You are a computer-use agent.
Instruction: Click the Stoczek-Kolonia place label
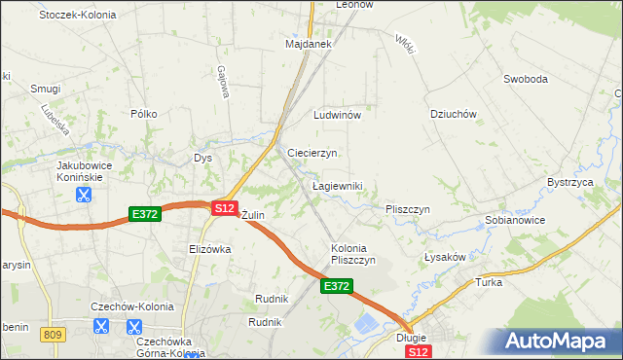(77, 16)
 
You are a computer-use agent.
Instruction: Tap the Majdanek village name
(309, 45)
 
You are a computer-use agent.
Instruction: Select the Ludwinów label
(337, 115)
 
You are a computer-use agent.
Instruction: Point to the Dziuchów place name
(453, 114)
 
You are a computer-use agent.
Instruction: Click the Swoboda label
(526, 79)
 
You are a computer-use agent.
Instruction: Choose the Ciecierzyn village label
(312, 154)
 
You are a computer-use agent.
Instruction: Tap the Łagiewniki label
(337, 185)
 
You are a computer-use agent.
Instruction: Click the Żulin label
(252, 214)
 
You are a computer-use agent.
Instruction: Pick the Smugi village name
(46, 89)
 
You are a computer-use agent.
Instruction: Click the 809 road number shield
(53, 334)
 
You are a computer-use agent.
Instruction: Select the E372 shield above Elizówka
(144, 212)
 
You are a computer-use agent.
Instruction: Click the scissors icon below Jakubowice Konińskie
(84, 194)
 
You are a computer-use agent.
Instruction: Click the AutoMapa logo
(558, 342)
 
